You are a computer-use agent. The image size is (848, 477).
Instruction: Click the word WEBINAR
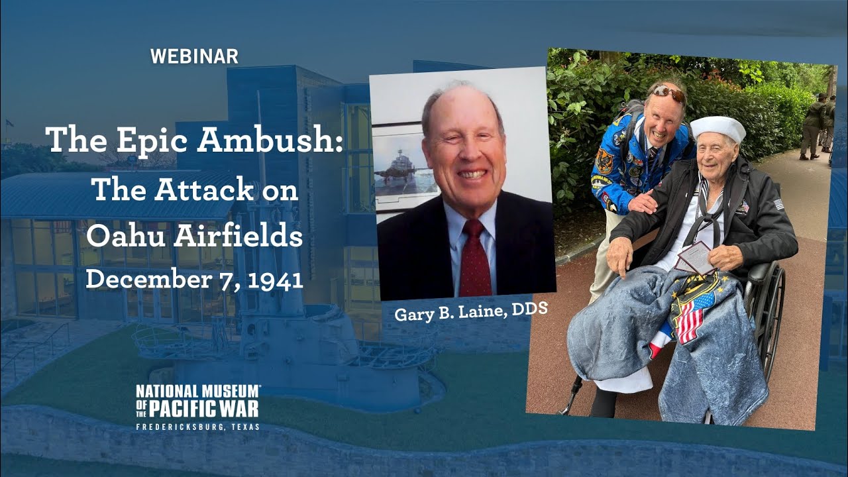coord(194,57)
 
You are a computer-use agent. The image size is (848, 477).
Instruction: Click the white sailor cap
coord(718,127)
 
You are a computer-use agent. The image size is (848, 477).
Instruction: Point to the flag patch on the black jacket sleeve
coord(778,204)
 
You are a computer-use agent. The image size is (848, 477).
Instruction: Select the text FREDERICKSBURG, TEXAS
coord(197,427)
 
